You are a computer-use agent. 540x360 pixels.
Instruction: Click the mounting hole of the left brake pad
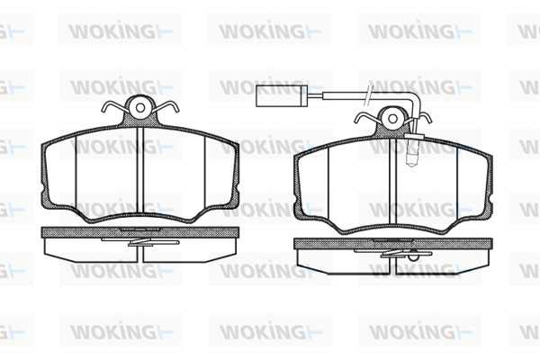tap(140, 108)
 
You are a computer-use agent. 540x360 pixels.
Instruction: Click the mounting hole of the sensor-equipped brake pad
tap(393, 119)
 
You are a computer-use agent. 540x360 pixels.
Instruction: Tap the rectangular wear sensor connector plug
tap(279, 95)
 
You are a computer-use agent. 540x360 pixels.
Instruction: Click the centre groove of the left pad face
tap(139, 170)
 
